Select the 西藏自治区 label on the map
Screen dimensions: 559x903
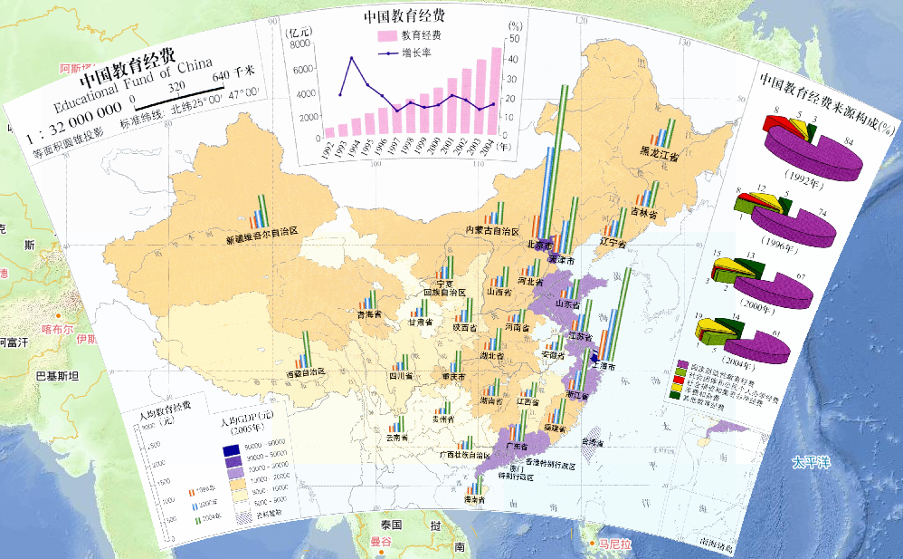point(304,373)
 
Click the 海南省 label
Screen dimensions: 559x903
point(475,499)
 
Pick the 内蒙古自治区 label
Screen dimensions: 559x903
point(490,230)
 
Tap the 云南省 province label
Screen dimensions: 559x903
point(397,437)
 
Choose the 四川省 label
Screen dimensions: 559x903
point(401,375)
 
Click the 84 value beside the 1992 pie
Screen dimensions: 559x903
point(847,140)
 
